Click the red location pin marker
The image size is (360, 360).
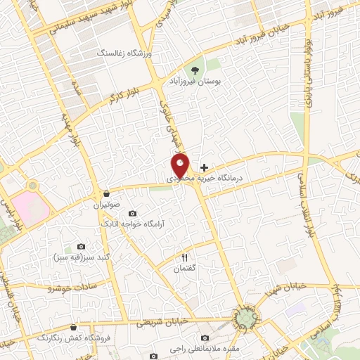[181, 165]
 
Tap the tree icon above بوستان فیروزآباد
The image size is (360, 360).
[195, 70]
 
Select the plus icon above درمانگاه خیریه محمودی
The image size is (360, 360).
[204, 167]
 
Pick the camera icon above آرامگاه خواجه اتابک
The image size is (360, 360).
[132, 213]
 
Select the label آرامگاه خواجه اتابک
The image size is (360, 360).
[132, 224]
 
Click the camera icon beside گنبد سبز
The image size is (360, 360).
[81, 246]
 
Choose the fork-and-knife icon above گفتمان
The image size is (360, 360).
[186, 257]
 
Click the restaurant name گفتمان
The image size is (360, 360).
[186, 269]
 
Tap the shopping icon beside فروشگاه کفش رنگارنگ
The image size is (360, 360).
[74, 326]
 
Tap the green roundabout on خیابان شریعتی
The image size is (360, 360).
[246, 318]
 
